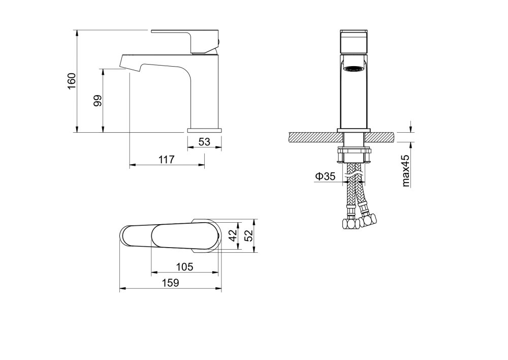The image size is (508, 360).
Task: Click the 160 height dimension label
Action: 72,81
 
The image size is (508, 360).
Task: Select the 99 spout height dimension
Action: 98,101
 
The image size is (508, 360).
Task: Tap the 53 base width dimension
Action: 204,142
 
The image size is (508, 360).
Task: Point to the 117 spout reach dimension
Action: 167,160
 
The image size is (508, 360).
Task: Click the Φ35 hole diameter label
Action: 325,176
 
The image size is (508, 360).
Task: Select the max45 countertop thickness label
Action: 405,171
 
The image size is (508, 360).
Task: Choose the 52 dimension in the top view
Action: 248,236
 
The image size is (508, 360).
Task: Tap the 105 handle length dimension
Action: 185,266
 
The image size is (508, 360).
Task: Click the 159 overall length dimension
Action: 170,283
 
